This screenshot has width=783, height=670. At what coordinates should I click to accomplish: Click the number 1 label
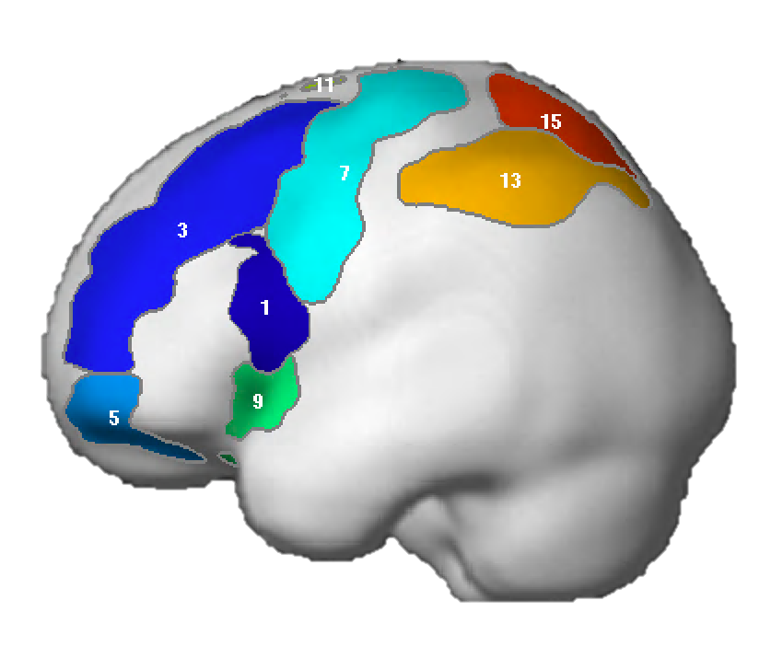(265, 308)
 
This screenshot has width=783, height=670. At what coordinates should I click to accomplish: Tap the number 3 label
(182, 230)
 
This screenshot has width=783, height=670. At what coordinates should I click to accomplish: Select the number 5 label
(114, 418)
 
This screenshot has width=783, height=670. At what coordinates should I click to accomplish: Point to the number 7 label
(345, 173)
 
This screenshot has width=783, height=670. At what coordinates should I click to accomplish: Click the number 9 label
(258, 401)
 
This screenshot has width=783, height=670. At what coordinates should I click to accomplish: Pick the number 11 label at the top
(324, 85)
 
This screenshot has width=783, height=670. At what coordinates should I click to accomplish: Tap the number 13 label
(510, 180)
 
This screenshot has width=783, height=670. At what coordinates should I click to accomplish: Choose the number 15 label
(551, 121)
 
